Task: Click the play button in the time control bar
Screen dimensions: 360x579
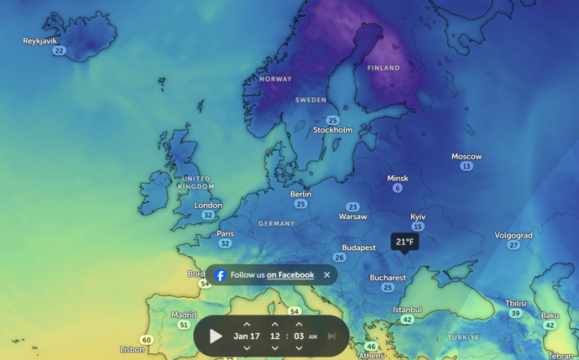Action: (216, 337)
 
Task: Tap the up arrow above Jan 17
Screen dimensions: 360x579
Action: (247, 324)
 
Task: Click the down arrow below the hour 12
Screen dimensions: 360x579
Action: (274, 348)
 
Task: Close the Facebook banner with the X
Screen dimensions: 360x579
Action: (327, 275)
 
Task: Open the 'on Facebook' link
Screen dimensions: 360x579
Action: (290, 275)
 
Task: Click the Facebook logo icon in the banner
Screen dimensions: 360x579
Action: (220, 275)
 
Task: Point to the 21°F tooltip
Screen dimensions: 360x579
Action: (404, 242)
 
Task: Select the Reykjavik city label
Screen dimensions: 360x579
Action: (40, 40)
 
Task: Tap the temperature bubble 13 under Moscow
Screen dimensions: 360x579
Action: (467, 166)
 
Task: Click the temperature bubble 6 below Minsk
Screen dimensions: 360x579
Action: (398, 188)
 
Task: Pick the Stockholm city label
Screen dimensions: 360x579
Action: (333, 130)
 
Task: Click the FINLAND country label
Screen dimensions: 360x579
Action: (383, 68)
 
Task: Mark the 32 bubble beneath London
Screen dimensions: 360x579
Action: (208, 215)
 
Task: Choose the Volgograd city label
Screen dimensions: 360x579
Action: (514, 236)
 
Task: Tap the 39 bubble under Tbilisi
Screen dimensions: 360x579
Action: (516, 313)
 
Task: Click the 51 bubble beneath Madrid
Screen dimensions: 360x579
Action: (184, 325)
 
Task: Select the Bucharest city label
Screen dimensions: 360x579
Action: (388, 278)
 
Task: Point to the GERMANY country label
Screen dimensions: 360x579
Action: (277, 224)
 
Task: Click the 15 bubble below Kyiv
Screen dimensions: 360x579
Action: (418, 227)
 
